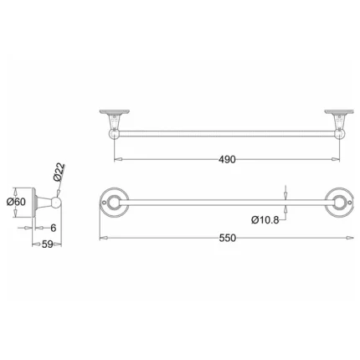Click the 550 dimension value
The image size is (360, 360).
227,238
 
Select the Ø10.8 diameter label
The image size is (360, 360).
264,219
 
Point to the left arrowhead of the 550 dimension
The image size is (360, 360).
102,238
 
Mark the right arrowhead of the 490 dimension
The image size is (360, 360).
337,159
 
